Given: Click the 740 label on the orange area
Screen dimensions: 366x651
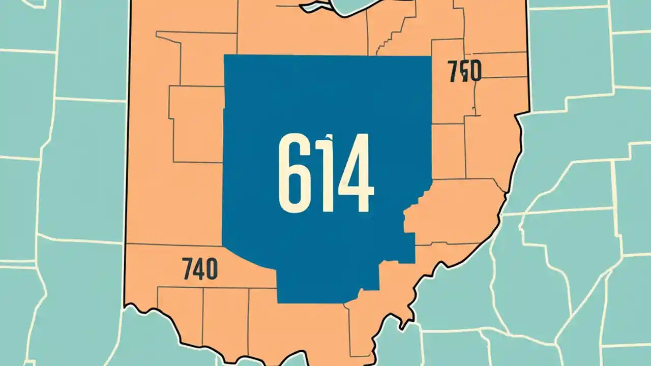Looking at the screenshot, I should (199, 268).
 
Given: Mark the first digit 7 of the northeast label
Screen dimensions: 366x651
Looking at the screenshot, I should (454, 71).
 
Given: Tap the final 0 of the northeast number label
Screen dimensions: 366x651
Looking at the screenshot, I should (475, 72).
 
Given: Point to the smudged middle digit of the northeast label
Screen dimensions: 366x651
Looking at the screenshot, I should (464, 72).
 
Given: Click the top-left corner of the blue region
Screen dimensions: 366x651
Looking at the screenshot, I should (225, 55).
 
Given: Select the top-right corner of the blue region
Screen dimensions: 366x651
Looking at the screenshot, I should (431, 56).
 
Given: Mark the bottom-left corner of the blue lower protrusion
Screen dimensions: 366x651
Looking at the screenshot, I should (278, 302).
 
